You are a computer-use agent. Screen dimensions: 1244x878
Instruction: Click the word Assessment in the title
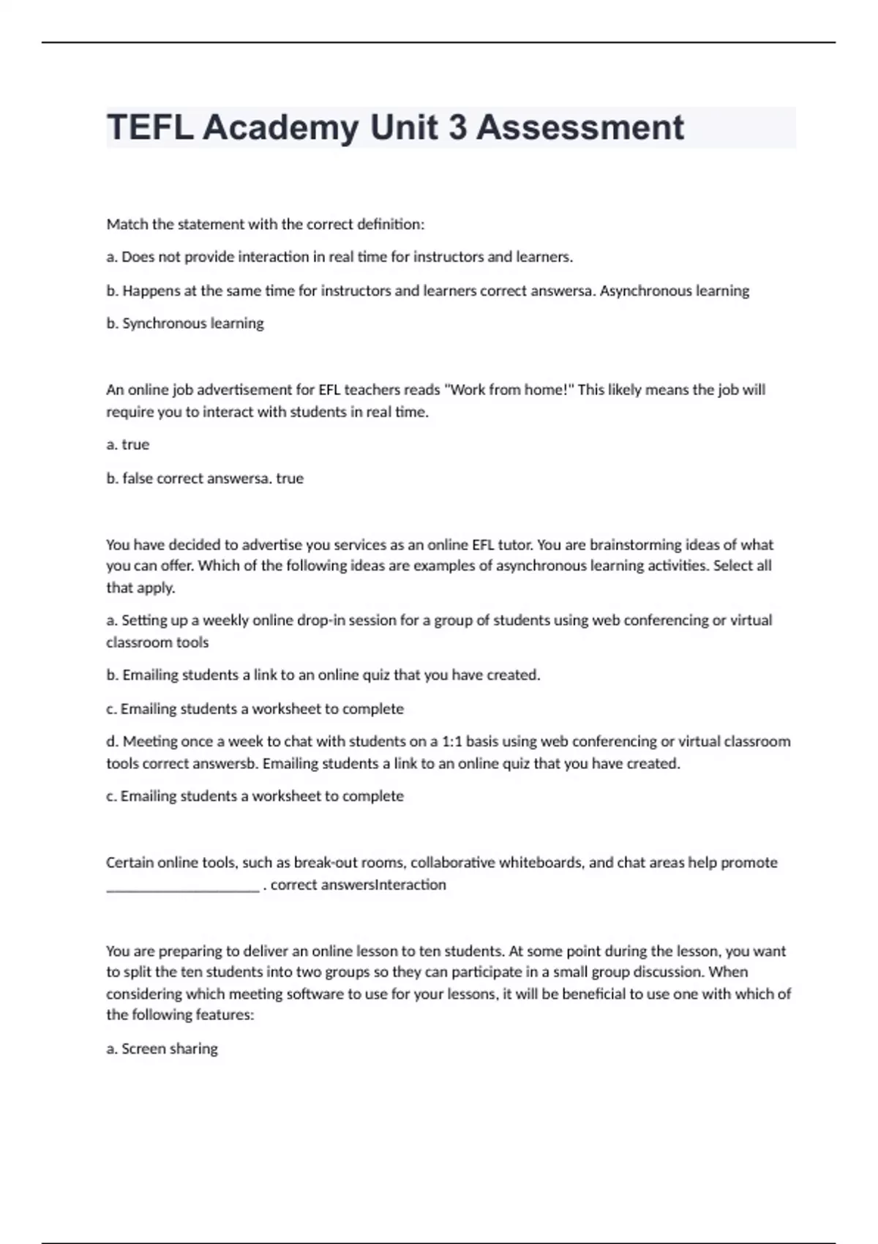pyautogui.click(x=580, y=127)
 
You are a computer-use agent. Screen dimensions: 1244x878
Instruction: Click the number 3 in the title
pyautogui.click(x=457, y=127)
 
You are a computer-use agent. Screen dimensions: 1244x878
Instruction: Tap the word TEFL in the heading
pyautogui.click(x=149, y=127)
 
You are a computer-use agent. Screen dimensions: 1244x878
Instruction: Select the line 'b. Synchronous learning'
pyautogui.click(x=185, y=323)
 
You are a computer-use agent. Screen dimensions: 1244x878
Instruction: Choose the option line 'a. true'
pyautogui.click(x=128, y=444)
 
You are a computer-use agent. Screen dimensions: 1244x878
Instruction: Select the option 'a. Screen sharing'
pyautogui.click(x=162, y=1049)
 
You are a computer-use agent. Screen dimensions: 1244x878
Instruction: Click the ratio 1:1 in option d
pyautogui.click(x=451, y=741)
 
